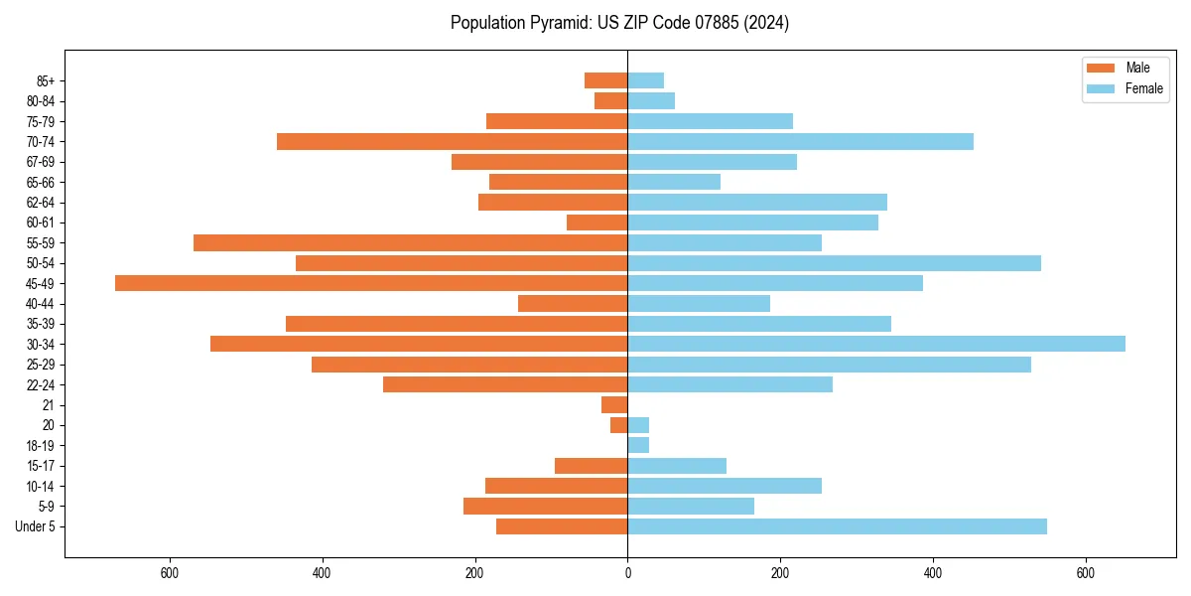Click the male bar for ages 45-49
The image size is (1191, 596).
(371, 283)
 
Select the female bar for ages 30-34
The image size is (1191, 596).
(875, 344)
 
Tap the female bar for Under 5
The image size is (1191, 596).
(837, 526)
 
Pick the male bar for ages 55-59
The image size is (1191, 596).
(410, 242)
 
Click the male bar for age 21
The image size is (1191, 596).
(614, 405)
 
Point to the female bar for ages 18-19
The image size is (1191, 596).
(638, 445)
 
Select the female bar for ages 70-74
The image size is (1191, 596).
(800, 141)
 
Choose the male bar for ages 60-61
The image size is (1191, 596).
(596, 223)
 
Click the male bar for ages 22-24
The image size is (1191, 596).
(505, 384)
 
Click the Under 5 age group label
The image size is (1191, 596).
(35, 526)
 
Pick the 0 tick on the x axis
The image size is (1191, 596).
(627, 572)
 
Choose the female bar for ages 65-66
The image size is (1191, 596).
(674, 182)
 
